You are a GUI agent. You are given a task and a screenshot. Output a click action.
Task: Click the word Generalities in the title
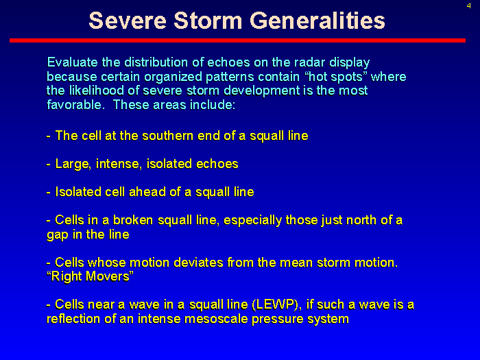point(317,21)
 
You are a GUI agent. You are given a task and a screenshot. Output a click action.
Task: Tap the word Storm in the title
point(208,21)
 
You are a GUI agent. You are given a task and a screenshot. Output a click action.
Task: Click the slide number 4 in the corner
point(468,5)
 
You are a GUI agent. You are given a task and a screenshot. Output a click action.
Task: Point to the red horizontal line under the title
point(237,40)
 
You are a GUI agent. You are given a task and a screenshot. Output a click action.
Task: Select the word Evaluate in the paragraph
point(73,62)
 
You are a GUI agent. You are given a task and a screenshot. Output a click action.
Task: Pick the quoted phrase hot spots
point(336,77)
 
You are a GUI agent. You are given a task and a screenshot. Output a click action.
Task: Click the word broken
point(133,220)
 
